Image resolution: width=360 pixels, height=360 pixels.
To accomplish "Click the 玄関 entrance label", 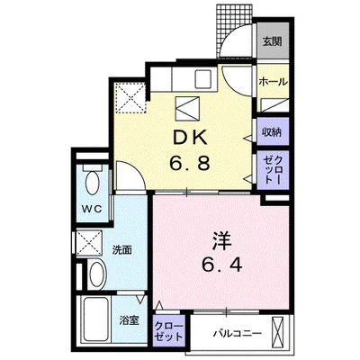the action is coord(273,41).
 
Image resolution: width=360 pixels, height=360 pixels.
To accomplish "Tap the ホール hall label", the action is coord(273,81).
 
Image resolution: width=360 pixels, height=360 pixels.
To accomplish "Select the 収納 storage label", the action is coord(273,132).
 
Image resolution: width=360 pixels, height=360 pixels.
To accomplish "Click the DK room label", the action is coord(189,139).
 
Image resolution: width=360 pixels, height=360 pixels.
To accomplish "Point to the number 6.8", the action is coord(189,164).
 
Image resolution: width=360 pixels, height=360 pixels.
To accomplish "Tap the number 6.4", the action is coord(222,265).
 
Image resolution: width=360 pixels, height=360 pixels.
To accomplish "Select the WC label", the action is coord(92,209).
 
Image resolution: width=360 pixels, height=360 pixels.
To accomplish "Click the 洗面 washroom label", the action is coord(122,250).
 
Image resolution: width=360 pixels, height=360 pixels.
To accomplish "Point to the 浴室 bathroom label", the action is coord(129,320).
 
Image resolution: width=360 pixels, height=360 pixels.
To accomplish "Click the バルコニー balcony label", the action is coord(238,333).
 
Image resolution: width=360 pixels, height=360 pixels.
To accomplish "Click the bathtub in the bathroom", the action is coord(95,319).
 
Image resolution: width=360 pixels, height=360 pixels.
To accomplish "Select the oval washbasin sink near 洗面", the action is coord(98,274).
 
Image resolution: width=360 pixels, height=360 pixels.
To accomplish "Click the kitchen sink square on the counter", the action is coord(203,78).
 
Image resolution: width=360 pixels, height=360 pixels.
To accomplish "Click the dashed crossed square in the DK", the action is coord(130,98).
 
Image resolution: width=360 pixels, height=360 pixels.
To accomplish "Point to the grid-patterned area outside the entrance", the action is coord(234,30).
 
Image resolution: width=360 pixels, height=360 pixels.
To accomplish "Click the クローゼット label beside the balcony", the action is coord(168,331).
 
